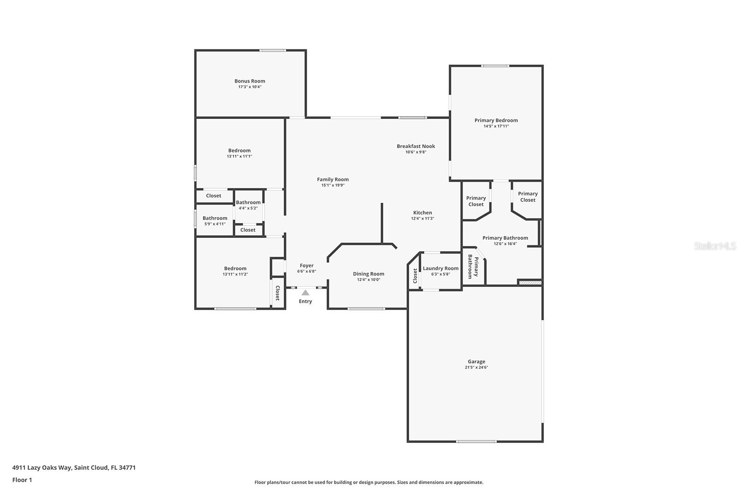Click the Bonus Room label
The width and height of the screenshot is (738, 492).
[250, 81]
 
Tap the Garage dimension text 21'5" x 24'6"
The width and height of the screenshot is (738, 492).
[476, 367]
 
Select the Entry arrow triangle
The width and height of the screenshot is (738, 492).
[305, 292]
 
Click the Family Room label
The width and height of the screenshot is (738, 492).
[333, 179]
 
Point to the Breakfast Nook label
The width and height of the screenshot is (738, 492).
[416, 146]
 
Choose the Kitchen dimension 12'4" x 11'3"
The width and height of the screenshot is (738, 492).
[423, 219]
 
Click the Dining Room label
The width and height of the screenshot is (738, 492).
[369, 274]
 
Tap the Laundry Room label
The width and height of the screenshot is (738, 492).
[441, 268]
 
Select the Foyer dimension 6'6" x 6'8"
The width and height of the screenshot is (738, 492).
[307, 271]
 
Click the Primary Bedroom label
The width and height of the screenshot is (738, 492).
[496, 120]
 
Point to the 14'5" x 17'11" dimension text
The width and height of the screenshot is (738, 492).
[496, 126]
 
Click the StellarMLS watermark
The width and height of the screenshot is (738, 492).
[714, 246]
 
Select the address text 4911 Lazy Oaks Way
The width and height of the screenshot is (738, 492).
[42, 468]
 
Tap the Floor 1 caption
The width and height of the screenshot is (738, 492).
[22, 480]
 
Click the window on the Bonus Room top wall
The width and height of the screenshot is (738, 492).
[273, 50]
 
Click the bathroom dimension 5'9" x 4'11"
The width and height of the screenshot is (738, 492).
[215, 224]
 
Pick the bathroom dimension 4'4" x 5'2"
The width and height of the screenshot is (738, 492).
[248, 208]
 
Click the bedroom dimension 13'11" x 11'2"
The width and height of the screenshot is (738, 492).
[235, 274]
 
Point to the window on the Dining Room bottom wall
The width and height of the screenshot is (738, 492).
[366, 309]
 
